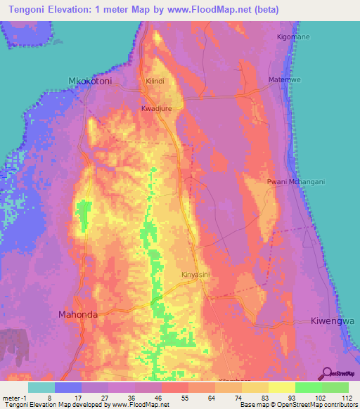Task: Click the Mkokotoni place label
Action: pyautogui.click(x=90, y=81)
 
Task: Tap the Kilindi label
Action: pyautogui.click(x=155, y=82)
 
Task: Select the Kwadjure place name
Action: pyautogui.click(x=157, y=110)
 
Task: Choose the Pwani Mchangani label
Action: pyautogui.click(x=296, y=181)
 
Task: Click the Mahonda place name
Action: pyautogui.click(x=77, y=315)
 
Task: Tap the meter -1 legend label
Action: pyautogui.click(x=15, y=398)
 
